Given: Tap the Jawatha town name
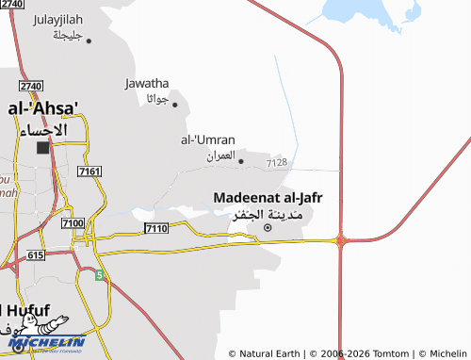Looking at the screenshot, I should (147, 83).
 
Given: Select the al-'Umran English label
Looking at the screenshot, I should (207, 139).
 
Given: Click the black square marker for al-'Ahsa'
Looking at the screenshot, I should (43, 148).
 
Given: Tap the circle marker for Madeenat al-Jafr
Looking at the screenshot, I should (268, 227).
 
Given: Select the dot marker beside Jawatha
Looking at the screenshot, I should (174, 105).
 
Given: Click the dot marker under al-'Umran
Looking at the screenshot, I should (241, 161).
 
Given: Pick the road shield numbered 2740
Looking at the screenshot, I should (30, 86).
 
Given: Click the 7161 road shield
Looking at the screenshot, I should (90, 171).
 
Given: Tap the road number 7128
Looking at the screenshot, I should (277, 163).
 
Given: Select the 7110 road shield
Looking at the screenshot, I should (156, 229).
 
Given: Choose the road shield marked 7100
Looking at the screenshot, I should (72, 222).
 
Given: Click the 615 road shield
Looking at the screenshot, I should (36, 255).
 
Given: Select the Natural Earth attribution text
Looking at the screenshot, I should (268, 353).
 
